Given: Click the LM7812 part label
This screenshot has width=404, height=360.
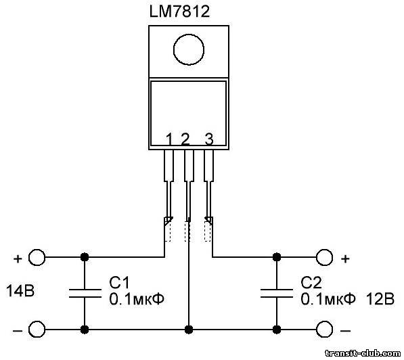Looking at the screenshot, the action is point(179,12).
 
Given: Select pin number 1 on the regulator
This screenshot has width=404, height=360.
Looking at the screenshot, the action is point(169,139).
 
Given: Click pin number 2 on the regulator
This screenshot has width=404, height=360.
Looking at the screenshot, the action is point(185,139).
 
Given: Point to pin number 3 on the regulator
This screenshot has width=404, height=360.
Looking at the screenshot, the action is point(209,139).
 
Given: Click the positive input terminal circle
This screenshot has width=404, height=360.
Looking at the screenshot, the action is point(37,257).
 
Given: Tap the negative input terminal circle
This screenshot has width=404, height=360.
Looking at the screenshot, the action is point(37,329).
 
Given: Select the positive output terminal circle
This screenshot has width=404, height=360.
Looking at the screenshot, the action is point(324,257).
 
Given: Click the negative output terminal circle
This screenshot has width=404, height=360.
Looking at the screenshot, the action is point(324,329).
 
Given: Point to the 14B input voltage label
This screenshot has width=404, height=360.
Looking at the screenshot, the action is point(20,291).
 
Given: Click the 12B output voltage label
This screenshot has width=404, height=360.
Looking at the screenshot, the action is point(380,299).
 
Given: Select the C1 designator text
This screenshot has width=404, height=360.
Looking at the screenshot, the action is point(119,282).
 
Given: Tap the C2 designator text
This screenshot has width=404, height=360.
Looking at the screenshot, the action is point(311,282).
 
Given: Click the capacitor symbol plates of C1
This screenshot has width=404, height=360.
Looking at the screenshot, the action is point(85,294).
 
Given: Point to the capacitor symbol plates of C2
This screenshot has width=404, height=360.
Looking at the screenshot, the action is point(277,294).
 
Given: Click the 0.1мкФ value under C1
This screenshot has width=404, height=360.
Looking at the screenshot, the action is point(137,299).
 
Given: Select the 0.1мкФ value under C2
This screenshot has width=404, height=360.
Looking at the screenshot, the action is point(328,299).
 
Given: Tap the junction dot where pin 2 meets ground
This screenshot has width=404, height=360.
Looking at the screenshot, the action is point(189,330).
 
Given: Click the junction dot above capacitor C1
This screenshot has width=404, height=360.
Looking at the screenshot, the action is point(85,257).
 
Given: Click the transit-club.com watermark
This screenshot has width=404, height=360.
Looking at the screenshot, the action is point(363,353).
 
